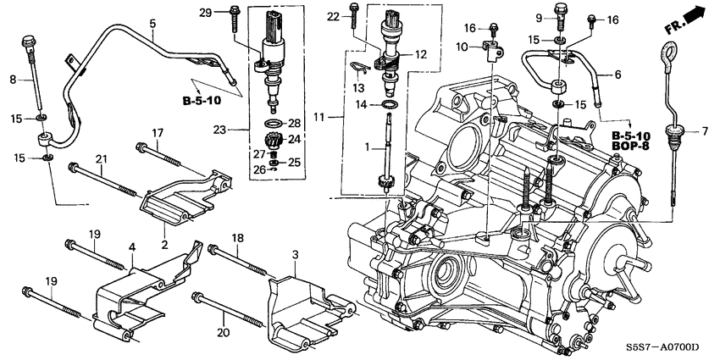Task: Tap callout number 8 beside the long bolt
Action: click(x=14, y=80)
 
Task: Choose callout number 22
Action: click(x=332, y=17)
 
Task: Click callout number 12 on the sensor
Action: click(x=420, y=54)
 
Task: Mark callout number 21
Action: click(x=100, y=160)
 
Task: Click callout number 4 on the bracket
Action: click(x=132, y=249)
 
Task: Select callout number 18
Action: click(x=238, y=239)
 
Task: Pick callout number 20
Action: click(x=224, y=309)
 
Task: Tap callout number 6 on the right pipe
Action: click(x=618, y=75)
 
